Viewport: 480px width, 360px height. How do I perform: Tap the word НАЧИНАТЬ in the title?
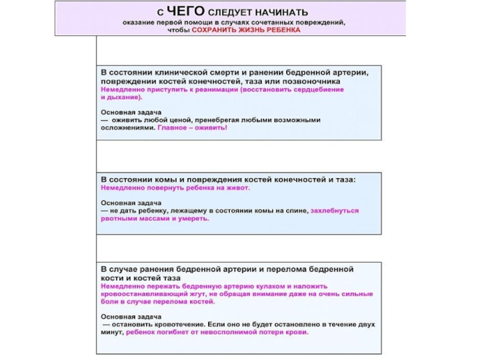[x=282, y=11]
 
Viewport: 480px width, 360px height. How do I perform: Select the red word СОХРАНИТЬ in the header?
[x=212, y=29]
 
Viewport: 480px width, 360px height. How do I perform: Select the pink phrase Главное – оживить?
[x=193, y=128]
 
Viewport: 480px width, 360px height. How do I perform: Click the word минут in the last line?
[x=112, y=332]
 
